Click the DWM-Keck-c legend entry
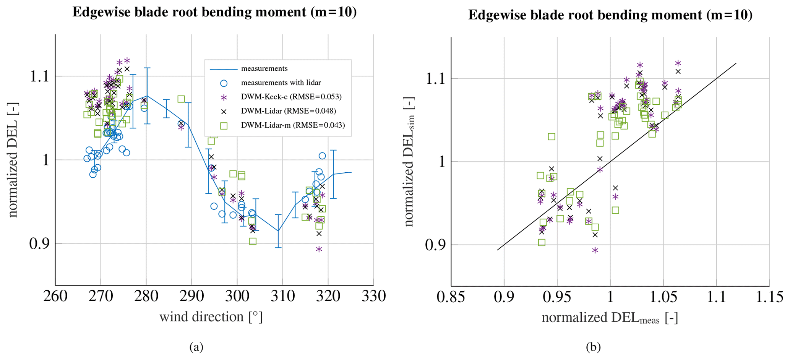click(291, 97)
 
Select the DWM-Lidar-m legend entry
click(292, 125)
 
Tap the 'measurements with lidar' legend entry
click(281, 83)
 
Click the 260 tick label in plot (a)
click(55, 296)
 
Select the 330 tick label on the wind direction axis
click(373, 296)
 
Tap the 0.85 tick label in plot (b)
click(451, 297)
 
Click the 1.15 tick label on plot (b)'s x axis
click(769, 297)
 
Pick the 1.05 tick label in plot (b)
click(663, 297)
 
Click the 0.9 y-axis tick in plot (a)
click(39, 243)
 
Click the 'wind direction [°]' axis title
click(211, 317)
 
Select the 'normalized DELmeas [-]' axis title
click(610, 318)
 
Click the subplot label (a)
click(196, 347)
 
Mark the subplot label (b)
click(593, 347)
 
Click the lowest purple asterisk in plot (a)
click(319, 249)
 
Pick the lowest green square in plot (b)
click(542, 242)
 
